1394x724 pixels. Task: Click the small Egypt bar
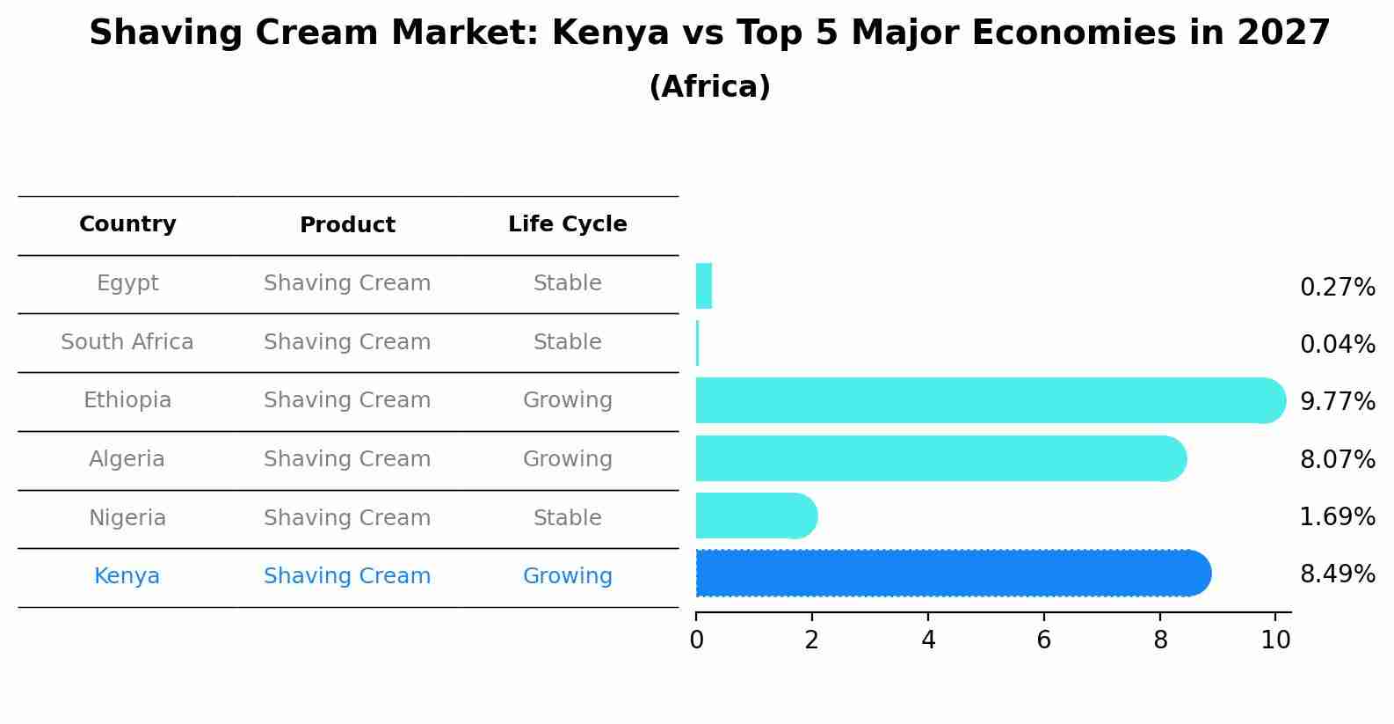[x=703, y=287]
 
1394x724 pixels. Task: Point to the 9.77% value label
[x=1337, y=402]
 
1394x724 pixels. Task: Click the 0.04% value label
[x=1337, y=345]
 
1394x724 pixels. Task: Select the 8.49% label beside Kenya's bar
[x=1337, y=574]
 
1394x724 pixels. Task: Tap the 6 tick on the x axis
[x=1044, y=640]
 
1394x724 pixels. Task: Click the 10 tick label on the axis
[x=1275, y=640]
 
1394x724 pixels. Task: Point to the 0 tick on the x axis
[x=696, y=640]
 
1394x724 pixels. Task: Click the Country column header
[x=127, y=224]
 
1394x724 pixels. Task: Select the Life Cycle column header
[x=567, y=224]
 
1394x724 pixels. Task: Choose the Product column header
[x=347, y=225]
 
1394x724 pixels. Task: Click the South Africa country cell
[x=127, y=342]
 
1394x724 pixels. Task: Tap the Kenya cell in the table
[x=127, y=576]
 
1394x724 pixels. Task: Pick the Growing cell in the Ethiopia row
[x=567, y=400]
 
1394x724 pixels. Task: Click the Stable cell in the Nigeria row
[x=567, y=518]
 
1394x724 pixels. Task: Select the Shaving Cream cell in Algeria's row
[x=347, y=459]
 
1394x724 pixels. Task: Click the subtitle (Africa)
[x=709, y=87]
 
